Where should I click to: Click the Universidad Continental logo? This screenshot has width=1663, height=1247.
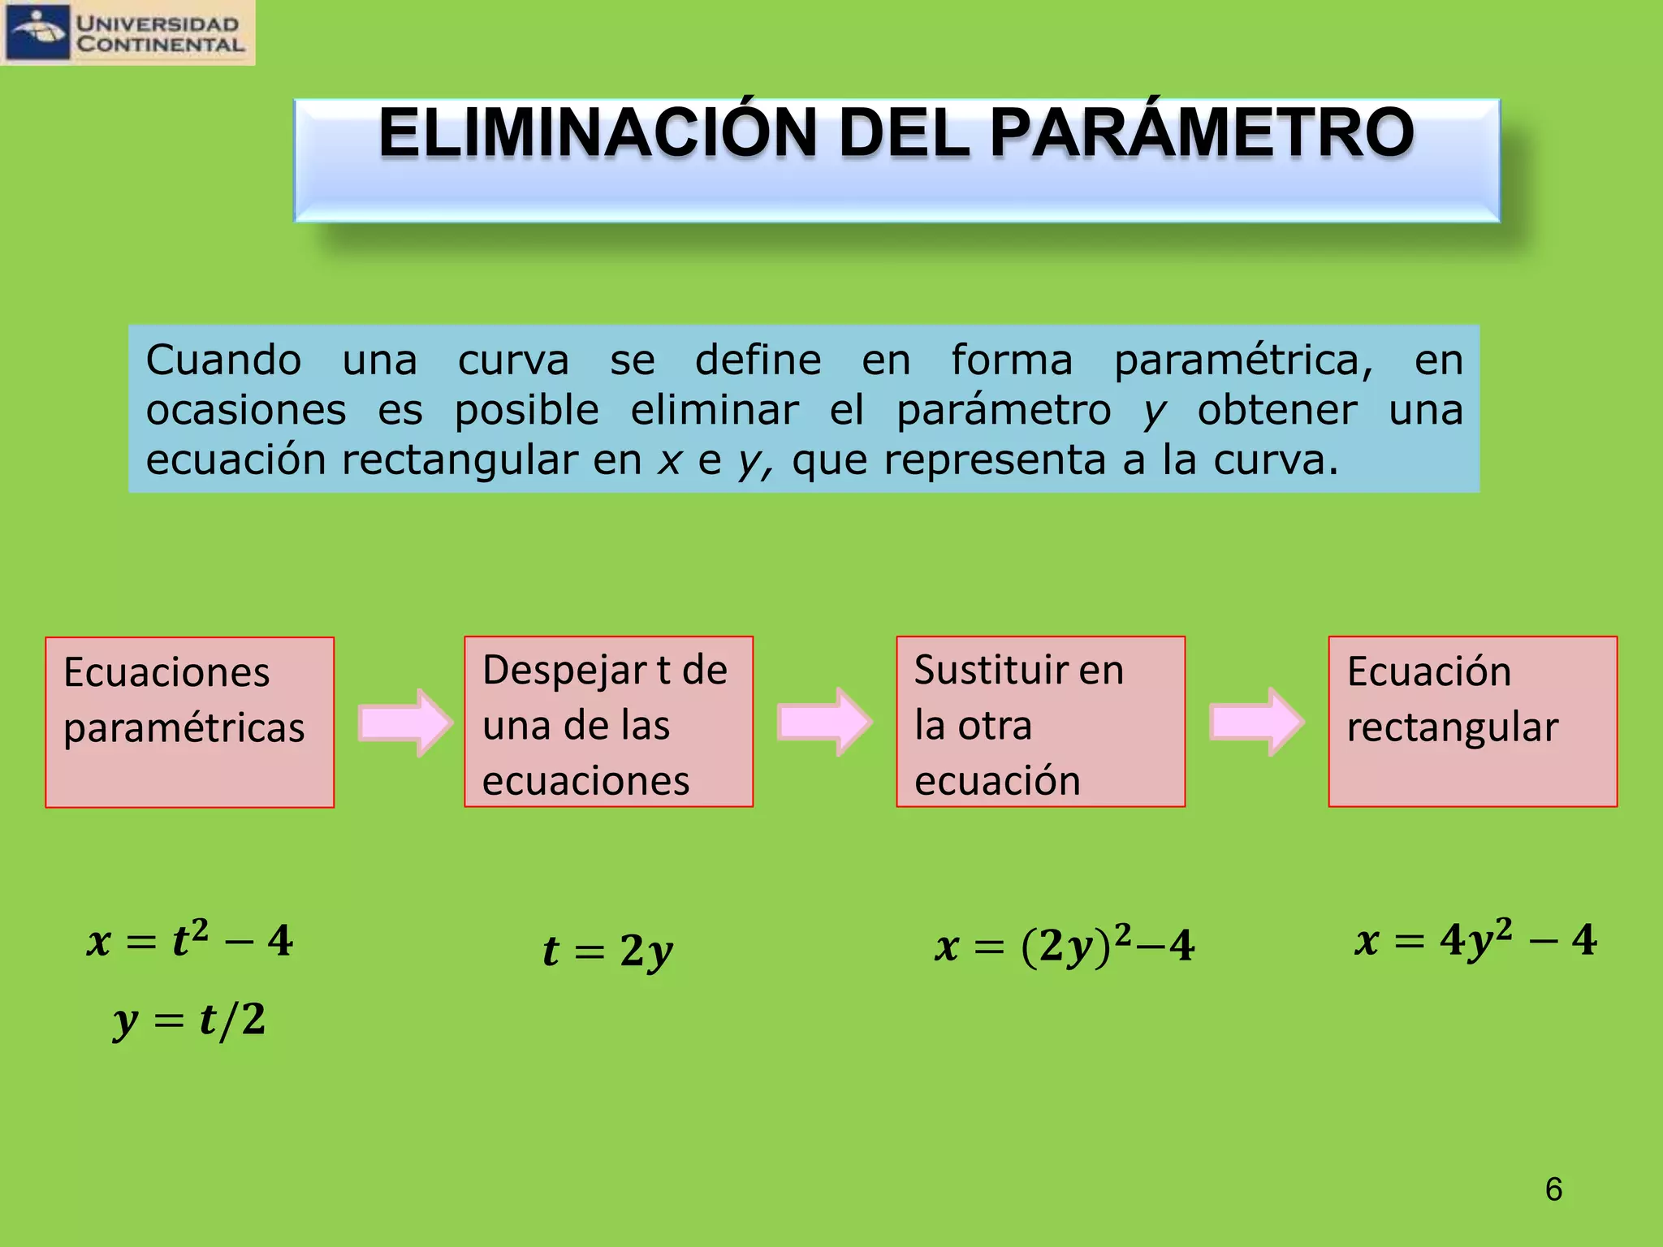pyautogui.click(x=127, y=32)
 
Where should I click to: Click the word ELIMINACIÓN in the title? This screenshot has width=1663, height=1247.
pyautogui.click(x=597, y=133)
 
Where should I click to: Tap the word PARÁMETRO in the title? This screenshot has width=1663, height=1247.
pyautogui.click(x=1202, y=133)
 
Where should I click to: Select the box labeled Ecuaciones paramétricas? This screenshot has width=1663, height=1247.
pyautogui.click(x=189, y=722)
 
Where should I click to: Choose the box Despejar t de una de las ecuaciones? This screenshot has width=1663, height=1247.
pyautogui.click(x=608, y=722)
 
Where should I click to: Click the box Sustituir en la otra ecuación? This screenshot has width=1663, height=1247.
pyautogui.click(x=1040, y=722)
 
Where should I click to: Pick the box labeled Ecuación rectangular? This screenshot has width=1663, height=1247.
pyautogui.click(x=1472, y=722)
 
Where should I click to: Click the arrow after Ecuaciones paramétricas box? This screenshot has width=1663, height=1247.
pyautogui.click(x=404, y=722)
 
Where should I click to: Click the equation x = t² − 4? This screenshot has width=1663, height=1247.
pyautogui.click(x=190, y=941)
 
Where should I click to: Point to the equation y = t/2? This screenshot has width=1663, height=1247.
pyautogui.click(x=190, y=1020)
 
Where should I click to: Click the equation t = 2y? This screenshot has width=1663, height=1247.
pyautogui.click(x=608, y=950)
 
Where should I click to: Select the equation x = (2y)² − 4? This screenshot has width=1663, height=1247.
pyautogui.click(x=1065, y=945)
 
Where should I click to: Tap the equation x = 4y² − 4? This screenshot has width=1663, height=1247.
pyautogui.click(x=1475, y=941)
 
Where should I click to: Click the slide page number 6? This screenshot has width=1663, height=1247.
pyautogui.click(x=1553, y=1189)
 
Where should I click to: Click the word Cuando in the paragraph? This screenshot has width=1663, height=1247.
pyautogui.click(x=223, y=360)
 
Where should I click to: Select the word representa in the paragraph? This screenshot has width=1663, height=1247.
pyautogui.click(x=995, y=461)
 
